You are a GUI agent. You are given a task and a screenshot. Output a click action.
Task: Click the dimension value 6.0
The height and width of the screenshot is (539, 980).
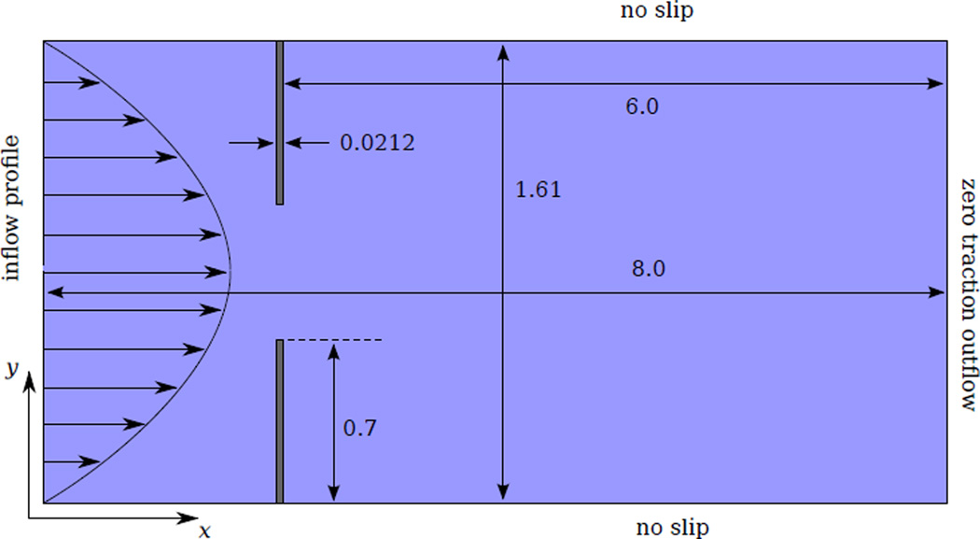(x=641, y=106)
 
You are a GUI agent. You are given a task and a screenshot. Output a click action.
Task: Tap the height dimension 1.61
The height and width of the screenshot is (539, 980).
(x=538, y=190)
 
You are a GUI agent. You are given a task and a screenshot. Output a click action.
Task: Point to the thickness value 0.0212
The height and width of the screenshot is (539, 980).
(x=377, y=143)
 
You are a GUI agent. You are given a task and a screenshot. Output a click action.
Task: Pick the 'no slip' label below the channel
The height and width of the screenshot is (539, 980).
(x=671, y=528)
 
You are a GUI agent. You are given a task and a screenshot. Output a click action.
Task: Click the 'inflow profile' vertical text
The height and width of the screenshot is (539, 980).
(x=13, y=208)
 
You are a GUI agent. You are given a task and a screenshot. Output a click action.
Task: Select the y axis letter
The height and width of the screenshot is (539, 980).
(x=12, y=370)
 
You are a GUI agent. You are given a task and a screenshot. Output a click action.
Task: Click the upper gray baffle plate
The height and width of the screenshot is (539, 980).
(x=279, y=122)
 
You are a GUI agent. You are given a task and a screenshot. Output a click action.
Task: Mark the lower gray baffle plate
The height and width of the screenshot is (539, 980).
(x=279, y=420)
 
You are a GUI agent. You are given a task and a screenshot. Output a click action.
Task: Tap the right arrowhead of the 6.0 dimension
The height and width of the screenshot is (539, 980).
(x=937, y=84)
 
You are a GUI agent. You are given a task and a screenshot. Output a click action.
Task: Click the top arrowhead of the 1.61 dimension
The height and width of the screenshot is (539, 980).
(x=504, y=50)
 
